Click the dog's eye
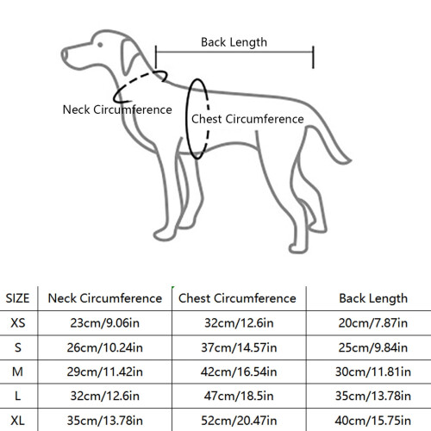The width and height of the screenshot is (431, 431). tap(100, 45)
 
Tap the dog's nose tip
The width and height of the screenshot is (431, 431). tap(63, 54)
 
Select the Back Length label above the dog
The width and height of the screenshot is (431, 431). tap(234, 42)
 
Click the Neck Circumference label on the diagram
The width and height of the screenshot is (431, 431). tap(117, 109)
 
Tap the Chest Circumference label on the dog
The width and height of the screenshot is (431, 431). tap(247, 119)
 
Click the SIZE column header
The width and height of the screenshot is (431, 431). tap(17, 298)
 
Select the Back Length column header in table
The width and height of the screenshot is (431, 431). tap(373, 298)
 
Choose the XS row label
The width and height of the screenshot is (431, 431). tap(18, 323)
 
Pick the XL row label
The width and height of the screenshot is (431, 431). tap(17, 421)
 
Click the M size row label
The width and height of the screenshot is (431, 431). tap(17, 372)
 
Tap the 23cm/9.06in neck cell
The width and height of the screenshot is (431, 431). tap(105, 323)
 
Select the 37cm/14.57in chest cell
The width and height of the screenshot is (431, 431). tap(239, 347)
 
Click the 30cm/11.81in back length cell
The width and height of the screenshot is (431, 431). tap(373, 372)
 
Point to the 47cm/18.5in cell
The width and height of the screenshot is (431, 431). tap(239, 396)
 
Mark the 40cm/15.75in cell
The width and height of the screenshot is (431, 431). tap(373, 421)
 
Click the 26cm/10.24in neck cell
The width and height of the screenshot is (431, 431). tap(105, 347)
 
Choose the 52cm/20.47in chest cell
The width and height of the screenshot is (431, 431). tap(239, 421)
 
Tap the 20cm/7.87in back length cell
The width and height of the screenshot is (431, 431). tap(373, 323)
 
